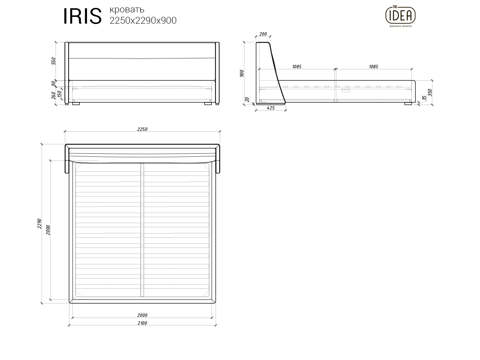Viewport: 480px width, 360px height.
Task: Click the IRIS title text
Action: pyautogui.click(x=82, y=16)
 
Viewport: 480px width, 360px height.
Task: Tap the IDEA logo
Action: pyautogui.click(x=400, y=15)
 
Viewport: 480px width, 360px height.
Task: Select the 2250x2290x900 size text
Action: pyautogui.click(x=143, y=21)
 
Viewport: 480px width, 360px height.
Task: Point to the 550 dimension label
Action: pyautogui.click(x=54, y=61)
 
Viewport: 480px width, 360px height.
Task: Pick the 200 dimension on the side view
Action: pyautogui.click(x=263, y=34)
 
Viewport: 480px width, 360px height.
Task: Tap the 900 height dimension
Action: pyautogui.click(x=242, y=73)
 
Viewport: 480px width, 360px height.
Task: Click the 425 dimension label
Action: pyautogui.click(x=270, y=108)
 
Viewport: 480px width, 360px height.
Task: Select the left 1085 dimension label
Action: pyautogui.click(x=296, y=67)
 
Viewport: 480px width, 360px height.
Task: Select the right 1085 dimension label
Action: pyautogui.click(x=373, y=67)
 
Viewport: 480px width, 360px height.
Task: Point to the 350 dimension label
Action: pyautogui.click(x=430, y=92)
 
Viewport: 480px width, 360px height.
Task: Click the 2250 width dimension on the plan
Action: pyautogui.click(x=142, y=129)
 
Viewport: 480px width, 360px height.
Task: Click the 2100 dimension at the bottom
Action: pyautogui.click(x=142, y=323)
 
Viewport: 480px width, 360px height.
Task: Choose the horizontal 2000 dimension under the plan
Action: pyautogui.click(x=142, y=315)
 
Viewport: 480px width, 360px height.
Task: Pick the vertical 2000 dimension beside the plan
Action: pyautogui.click(x=48, y=230)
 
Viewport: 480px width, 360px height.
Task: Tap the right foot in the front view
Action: pyautogui.click(x=208, y=103)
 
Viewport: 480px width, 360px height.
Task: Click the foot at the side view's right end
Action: pyautogui.click(x=408, y=103)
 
